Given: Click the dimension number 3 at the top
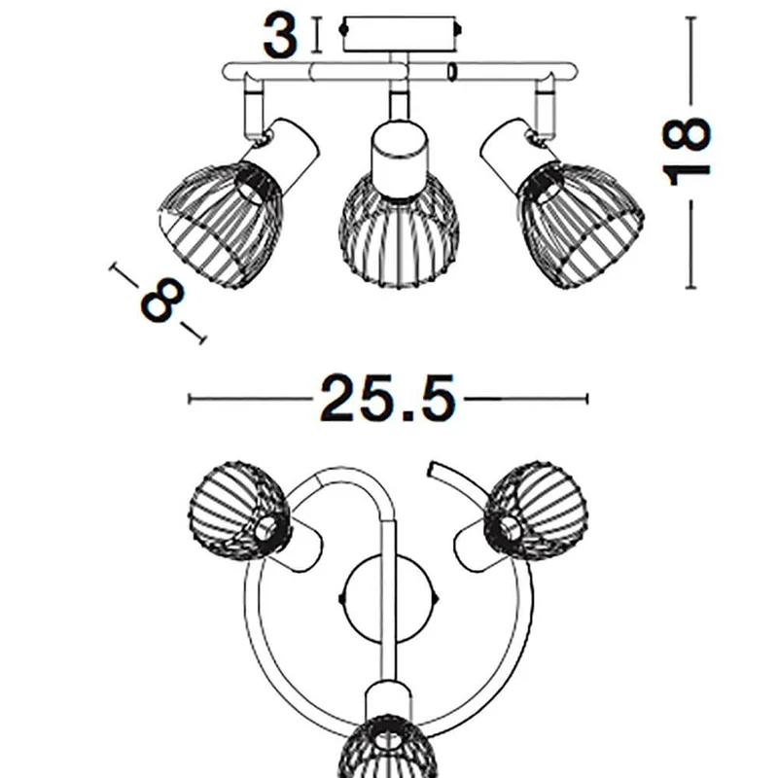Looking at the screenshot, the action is (x=280, y=36).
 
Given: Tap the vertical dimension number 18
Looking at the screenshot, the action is (x=687, y=152).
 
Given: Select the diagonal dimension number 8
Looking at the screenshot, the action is (x=162, y=301).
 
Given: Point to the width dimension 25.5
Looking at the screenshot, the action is (x=387, y=399).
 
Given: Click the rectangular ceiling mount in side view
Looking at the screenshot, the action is (x=400, y=34).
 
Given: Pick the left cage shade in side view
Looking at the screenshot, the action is (x=221, y=226).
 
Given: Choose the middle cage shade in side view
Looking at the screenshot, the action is (x=399, y=230).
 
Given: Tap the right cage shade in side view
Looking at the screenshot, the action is (x=581, y=226).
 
